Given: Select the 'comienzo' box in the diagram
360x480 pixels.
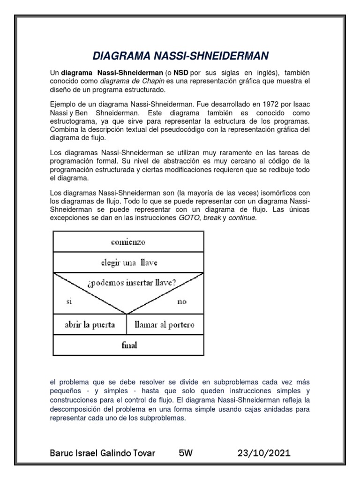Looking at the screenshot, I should click(x=128, y=242).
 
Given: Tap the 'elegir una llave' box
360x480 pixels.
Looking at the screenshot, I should click(x=128, y=263).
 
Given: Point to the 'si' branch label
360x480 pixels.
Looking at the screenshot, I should click(x=69, y=301).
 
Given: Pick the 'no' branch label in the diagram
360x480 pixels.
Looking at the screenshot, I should click(x=182, y=301).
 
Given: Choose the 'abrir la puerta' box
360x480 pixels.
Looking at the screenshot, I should click(x=90, y=325).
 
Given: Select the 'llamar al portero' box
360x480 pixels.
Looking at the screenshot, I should click(x=164, y=325).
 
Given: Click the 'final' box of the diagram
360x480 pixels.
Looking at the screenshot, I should click(x=129, y=346).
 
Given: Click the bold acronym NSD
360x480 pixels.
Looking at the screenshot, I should click(x=181, y=73).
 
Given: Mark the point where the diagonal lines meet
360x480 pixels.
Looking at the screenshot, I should click(x=127, y=314).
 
